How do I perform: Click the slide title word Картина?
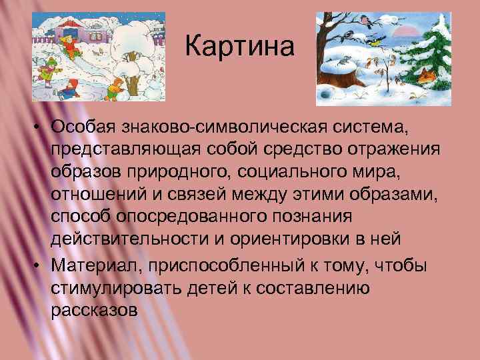(x=238, y=47)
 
